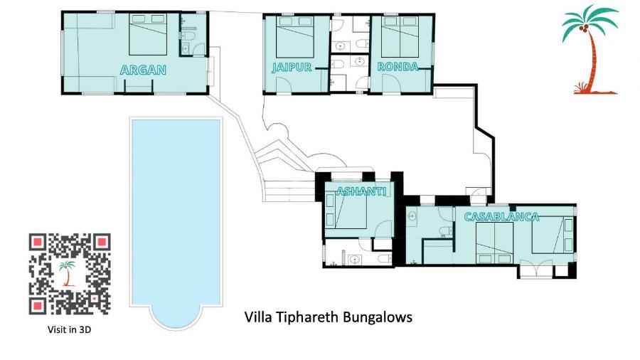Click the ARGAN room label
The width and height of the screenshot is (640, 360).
coord(143,70)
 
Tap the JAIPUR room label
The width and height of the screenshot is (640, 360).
coord(292,68)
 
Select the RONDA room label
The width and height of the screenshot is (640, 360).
coord(398,67)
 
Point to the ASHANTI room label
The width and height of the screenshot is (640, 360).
coord(362,191)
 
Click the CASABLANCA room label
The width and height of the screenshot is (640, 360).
coord(501,217)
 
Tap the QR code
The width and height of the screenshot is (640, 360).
coord(70,274)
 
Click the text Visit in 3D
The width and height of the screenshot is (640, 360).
coord(70,329)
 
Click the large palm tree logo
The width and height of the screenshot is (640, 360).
coord(590,49)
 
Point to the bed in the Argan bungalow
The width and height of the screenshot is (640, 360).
coord(148,34)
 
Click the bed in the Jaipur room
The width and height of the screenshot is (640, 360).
coord(294,37)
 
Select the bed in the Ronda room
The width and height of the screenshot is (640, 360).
coord(400,37)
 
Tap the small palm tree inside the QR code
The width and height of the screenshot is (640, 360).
coord(68,273)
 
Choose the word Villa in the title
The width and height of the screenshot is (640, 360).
coord(258,317)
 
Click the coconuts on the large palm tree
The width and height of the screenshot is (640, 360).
coord(584,28)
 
